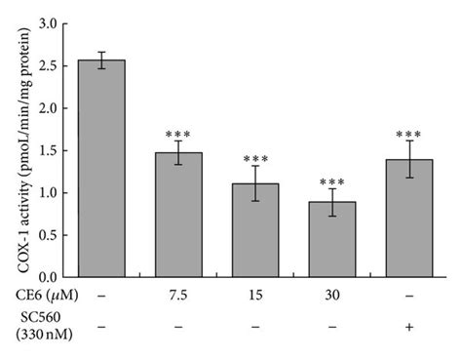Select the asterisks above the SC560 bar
tap(407, 134)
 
